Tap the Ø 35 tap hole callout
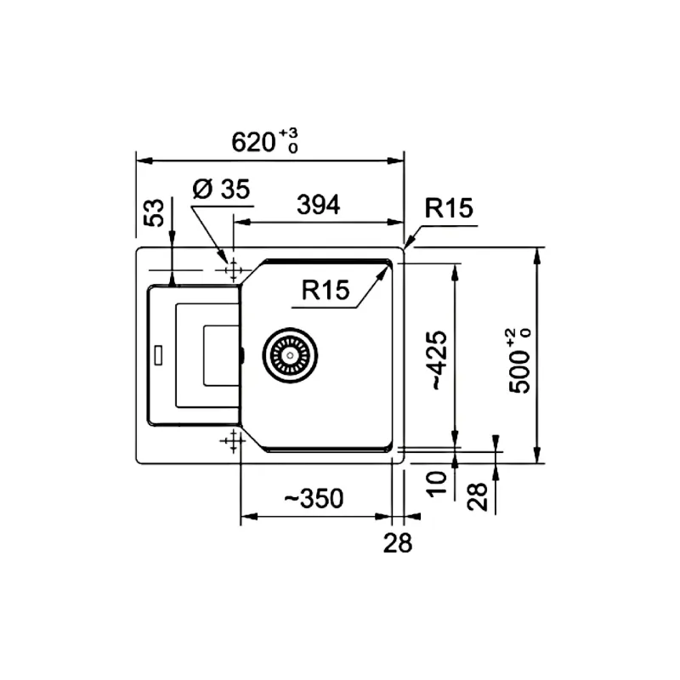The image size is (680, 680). pos(221,189)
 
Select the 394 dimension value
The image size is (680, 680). pos(318,205)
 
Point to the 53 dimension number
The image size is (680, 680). pos(155,212)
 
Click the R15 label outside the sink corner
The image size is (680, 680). pos(449,208)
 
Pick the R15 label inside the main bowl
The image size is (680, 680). pos(326,290)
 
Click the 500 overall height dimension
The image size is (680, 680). pos(519,360)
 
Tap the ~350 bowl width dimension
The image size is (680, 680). pos(314,498)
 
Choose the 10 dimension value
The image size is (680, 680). pos(436,484)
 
